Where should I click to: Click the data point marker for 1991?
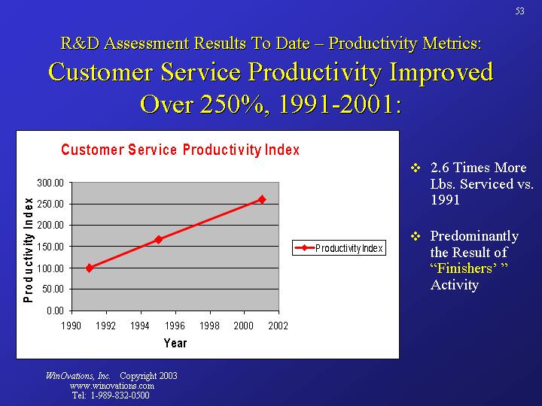[90, 268]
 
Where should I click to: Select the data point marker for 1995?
[159, 239]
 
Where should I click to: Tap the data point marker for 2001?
[262, 199]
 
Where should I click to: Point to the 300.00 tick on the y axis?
[51, 183]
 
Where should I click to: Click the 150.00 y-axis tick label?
[51, 247]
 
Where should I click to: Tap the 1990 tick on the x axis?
[72, 326]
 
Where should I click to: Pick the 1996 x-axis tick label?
[175, 326]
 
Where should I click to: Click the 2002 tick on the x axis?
[278, 326]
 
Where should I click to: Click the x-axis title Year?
[175, 344]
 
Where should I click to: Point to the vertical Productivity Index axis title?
[28, 250]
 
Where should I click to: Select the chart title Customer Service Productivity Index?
[180, 150]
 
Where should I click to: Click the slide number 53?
[520, 11]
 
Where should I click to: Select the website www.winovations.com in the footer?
[111, 386]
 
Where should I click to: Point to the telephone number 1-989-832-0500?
[119, 395]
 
